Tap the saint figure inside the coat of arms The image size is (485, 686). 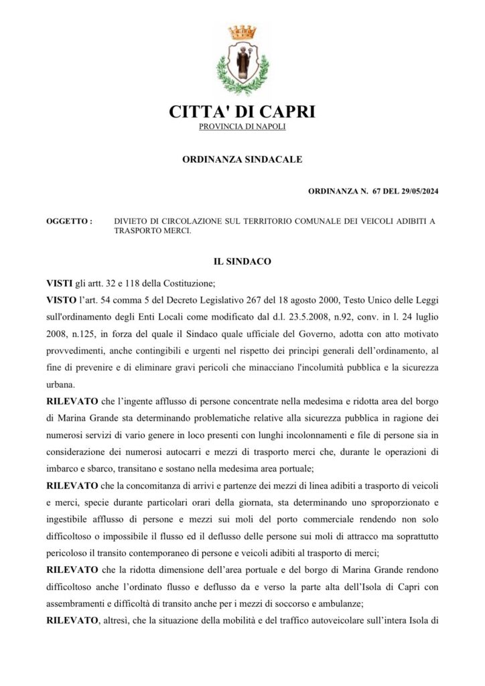pos(242,62)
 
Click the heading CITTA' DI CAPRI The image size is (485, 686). pos(242,112)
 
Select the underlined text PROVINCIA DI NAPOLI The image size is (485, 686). pos(242,127)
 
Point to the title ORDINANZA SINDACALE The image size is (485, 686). pos(242,159)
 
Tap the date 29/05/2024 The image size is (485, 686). pos(419,192)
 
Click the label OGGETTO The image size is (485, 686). pos(68,220)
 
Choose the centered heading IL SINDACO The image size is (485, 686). pos(242,261)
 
